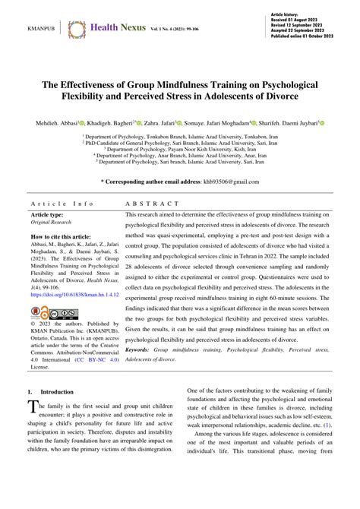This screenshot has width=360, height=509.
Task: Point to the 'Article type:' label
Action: [x=48, y=216]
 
